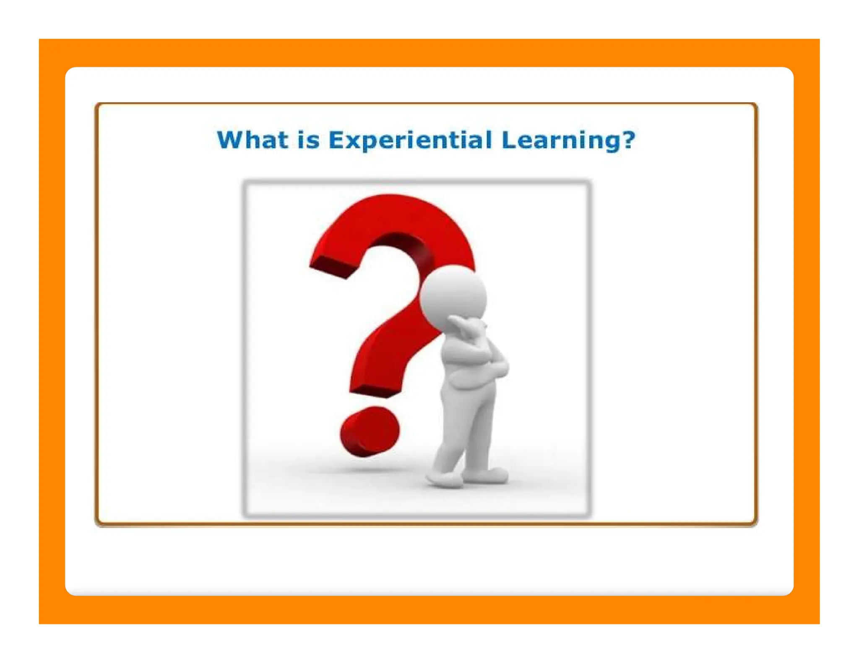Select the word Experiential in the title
coord(410,140)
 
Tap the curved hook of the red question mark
coord(394,222)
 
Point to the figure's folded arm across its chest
coord(474,360)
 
